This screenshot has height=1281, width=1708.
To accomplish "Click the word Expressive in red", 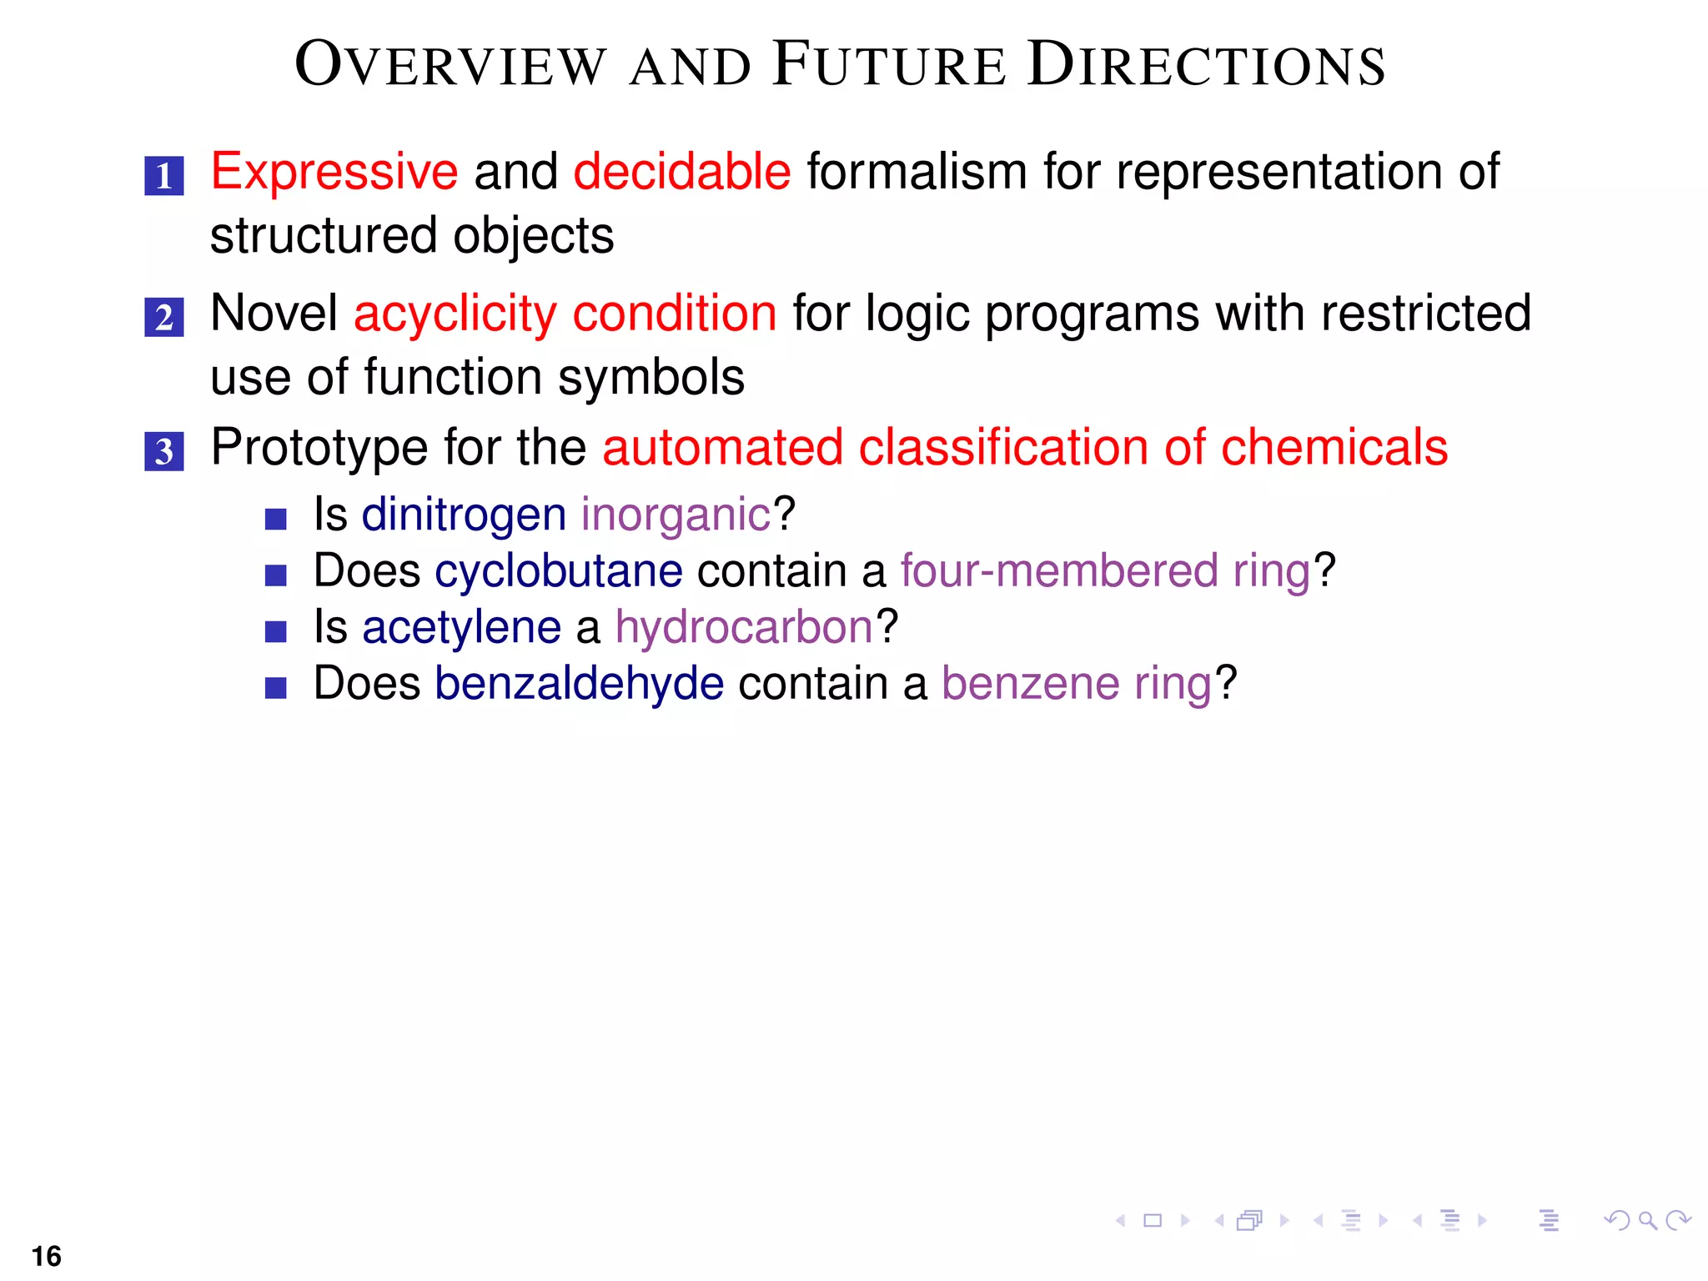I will pyautogui.click(x=334, y=173).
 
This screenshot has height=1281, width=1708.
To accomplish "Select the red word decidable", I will pyautogui.click(x=681, y=173).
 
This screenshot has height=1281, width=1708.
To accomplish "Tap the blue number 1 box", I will pyautogui.click(x=163, y=176).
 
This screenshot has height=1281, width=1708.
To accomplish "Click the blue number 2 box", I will pyautogui.click(x=163, y=318).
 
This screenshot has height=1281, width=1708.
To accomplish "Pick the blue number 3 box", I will pyautogui.click(x=163, y=451).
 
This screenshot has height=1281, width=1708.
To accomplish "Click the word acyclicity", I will pyautogui.click(x=455, y=314).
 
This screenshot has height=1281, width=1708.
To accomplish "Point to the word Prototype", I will pyautogui.click(x=319, y=448).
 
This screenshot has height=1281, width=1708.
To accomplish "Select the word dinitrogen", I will pyautogui.click(x=464, y=515).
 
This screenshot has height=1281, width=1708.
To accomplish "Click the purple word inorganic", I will pyautogui.click(x=676, y=515).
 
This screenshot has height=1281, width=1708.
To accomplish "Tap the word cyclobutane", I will pyautogui.click(x=558, y=571).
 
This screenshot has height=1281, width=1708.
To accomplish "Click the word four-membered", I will pyautogui.click(x=1059, y=571).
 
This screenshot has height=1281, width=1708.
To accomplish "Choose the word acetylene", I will pyautogui.click(x=461, y=627).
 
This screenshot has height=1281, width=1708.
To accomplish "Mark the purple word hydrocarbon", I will pyautogui.click(x=744, y=627).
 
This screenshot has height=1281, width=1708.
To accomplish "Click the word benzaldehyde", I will pyautogui.click(x=579, y=684).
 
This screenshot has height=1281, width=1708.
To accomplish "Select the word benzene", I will pyautogui.click(x=1030, y=684).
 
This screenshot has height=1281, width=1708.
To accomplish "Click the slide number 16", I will pyautogui.click(x=47, y=1256).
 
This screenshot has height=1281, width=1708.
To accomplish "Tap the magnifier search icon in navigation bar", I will pyautogui.click(x=1646, y=1221).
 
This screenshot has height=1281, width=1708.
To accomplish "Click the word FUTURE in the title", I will pyautogui.click(x=889, y=65).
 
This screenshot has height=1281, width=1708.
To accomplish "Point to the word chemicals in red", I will pyautogui.click(x=1334, y=448).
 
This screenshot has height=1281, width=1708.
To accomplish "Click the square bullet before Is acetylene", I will pyautogui.click(x=275, y=631).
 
